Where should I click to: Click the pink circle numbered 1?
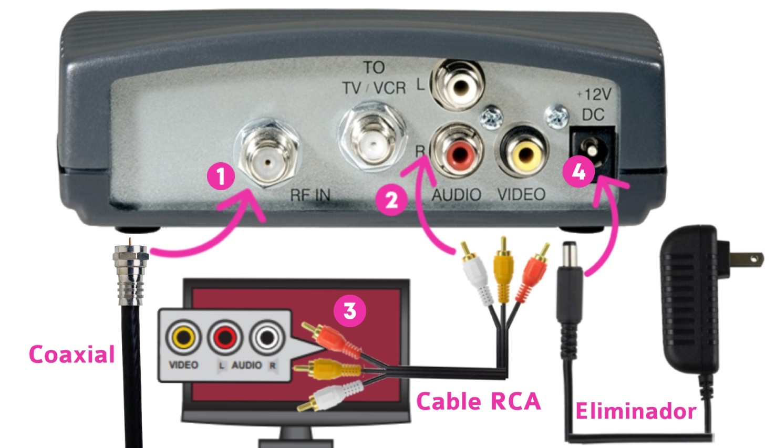221,176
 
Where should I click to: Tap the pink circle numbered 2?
391,200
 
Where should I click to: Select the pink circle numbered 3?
350,310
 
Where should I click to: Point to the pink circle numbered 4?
578,172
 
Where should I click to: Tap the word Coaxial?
71,355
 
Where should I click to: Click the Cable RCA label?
478,402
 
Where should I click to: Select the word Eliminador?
636,411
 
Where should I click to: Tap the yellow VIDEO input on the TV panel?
183,337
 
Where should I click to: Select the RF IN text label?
310,195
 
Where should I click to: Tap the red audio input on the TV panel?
225,337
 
